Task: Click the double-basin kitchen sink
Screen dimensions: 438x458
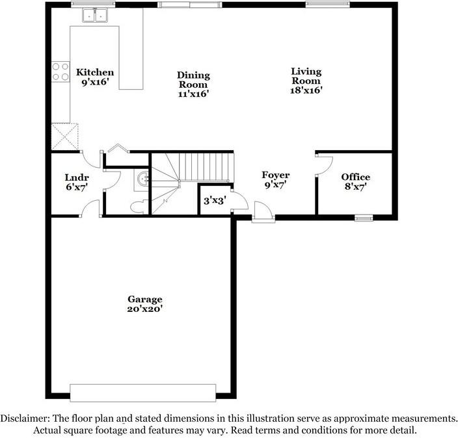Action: click(96, 15)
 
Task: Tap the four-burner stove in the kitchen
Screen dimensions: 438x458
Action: click(61, 71)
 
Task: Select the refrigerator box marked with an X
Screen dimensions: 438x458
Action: click(65, 136)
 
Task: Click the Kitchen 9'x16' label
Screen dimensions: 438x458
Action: click(95, 77)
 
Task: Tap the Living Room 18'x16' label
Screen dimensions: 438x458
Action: click(306, 81)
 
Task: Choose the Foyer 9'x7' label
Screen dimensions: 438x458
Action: click(275, 180)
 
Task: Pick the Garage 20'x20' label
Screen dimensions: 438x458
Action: click(144, 304)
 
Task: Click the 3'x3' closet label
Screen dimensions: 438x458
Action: click(213, 201)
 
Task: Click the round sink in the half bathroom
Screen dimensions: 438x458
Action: click(145, 177)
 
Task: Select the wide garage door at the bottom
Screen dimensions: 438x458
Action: click(142, 393)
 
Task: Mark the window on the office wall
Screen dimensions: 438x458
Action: click(363, 217)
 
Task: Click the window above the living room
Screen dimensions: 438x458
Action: click(324, 4)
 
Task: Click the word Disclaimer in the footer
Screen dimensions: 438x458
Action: click(24, 419)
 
